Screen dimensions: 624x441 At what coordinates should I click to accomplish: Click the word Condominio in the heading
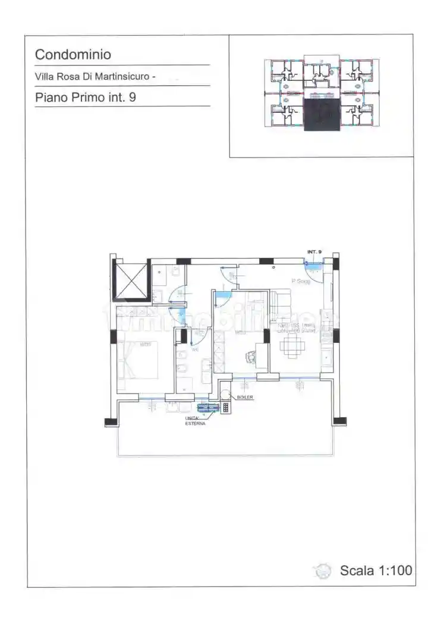pyautogui.click(x=73, y=55)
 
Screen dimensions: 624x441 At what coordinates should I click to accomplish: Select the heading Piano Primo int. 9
pyautogui.click(x=86, y=97)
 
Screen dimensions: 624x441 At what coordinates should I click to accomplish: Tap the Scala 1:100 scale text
pyautogui.click(x=376, y=571)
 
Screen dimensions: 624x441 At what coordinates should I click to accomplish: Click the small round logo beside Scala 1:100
pyautogui.click(x=323, y=571)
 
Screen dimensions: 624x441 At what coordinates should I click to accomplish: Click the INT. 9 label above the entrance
pyautogui.click(x=314, y=252)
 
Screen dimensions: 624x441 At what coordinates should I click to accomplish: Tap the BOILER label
pyautogui.click(x=245, y=397)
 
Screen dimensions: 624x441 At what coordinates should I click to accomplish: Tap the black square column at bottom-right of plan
pyautogui.click(x=339, y=421)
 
